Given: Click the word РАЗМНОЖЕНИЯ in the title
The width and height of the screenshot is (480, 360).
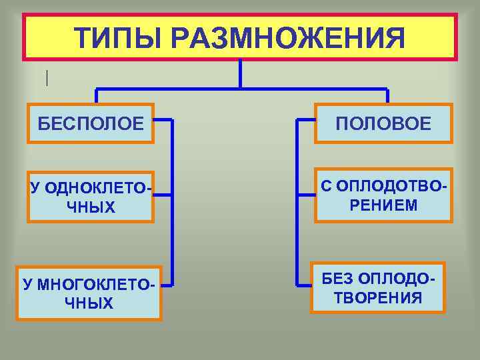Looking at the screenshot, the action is coord(286,38).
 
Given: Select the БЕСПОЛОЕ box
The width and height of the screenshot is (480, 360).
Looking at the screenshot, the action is coord(91,123).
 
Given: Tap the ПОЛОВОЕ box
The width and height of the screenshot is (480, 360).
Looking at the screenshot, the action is coord(383,123).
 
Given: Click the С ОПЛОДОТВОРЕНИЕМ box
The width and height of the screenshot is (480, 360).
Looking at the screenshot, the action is coord(383,195).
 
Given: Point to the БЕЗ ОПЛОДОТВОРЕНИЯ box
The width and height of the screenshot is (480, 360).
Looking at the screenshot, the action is coord(378,287).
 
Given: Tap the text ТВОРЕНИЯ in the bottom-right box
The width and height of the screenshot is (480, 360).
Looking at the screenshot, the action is coord(378,297).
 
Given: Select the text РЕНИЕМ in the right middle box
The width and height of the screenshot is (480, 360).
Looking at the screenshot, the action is coord(383,205).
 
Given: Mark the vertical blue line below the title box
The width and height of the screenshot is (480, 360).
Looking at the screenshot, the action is coord(240,73).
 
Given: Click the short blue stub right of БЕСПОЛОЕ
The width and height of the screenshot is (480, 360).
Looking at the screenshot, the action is coord(163,121).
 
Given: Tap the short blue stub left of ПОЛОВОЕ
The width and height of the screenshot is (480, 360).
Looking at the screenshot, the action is coord(305,121).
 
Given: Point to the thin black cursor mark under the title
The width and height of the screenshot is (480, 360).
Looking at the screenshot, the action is coord(47,78).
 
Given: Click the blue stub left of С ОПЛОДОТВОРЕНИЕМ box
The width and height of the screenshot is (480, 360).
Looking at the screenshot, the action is coord(305,194).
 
